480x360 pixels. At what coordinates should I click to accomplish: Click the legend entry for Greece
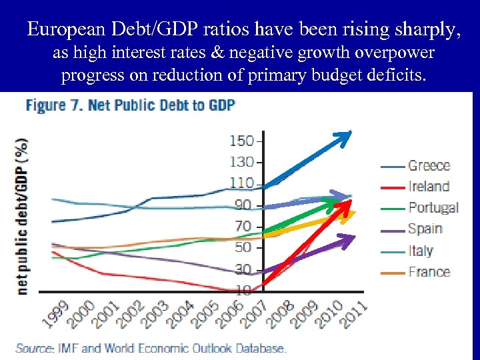pos(429,165)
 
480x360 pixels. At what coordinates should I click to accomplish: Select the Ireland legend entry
pos(429,187)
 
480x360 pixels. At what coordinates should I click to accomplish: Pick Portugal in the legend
pos(433,207)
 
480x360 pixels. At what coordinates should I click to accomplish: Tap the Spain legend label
pos(425,229)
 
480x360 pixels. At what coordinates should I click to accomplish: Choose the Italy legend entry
pos(420,251)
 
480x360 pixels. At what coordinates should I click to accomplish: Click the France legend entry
pos(429,272)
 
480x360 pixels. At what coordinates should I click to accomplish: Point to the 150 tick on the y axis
pos(241,141)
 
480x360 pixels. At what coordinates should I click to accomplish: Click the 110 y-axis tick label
pos(241,183)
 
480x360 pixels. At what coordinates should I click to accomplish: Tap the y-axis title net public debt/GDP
pos(22,215)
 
